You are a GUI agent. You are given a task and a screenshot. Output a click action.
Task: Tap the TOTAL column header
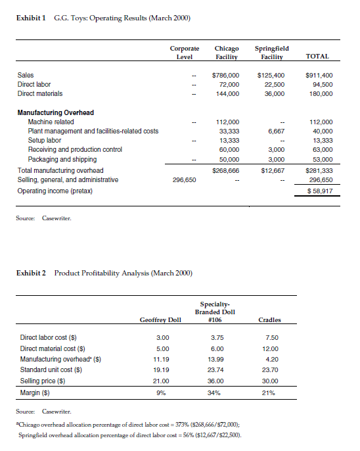tap(318, 57)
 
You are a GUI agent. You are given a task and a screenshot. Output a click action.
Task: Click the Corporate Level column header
tap(185, 53)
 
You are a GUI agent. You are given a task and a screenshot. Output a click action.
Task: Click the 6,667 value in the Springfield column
tap(276, 131)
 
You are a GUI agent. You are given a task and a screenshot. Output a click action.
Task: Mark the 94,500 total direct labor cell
tap(321, 85)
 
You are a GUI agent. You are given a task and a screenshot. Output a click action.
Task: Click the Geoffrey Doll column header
tap(160, 320)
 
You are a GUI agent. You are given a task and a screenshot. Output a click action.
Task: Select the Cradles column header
tap(269, 320)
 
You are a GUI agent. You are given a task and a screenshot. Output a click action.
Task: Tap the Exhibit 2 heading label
tap(34, 272)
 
